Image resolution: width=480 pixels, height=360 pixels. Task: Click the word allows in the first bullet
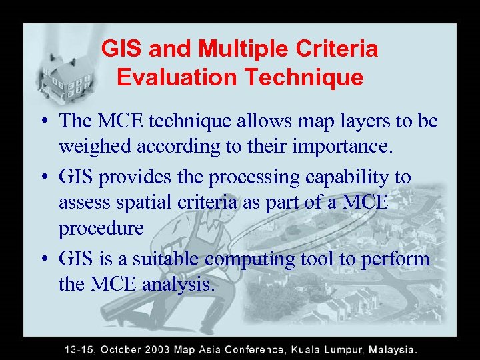(248, 121)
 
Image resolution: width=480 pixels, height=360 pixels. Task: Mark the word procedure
(101, 229)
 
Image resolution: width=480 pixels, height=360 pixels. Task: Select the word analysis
(179, 285)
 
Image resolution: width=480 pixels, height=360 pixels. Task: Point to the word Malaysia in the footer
(393, 349)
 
